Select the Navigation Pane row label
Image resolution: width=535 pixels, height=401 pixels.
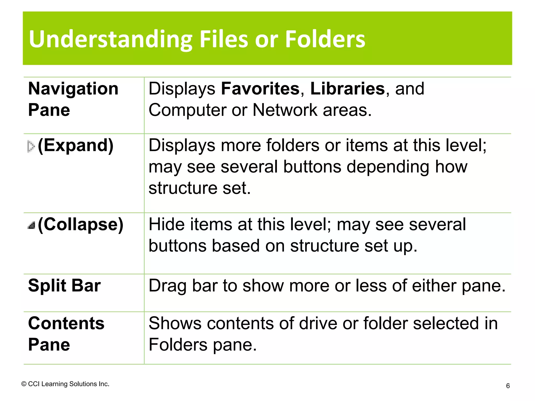73,99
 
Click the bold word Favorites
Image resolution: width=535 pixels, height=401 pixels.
260,89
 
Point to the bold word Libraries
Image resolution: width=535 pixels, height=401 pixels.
347,89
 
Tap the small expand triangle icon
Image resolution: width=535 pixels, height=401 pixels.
31,146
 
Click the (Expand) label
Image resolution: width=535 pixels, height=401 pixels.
76,145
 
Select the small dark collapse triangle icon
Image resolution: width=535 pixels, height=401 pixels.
31,225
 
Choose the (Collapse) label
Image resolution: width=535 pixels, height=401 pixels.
80,225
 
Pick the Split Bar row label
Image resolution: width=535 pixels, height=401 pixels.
64,286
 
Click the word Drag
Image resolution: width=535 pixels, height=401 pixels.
167,286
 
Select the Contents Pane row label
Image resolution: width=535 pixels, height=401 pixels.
66,334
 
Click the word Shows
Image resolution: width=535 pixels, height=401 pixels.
175,323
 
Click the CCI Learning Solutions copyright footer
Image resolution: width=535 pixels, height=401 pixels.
65,384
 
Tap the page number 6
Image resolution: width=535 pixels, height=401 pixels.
508,386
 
